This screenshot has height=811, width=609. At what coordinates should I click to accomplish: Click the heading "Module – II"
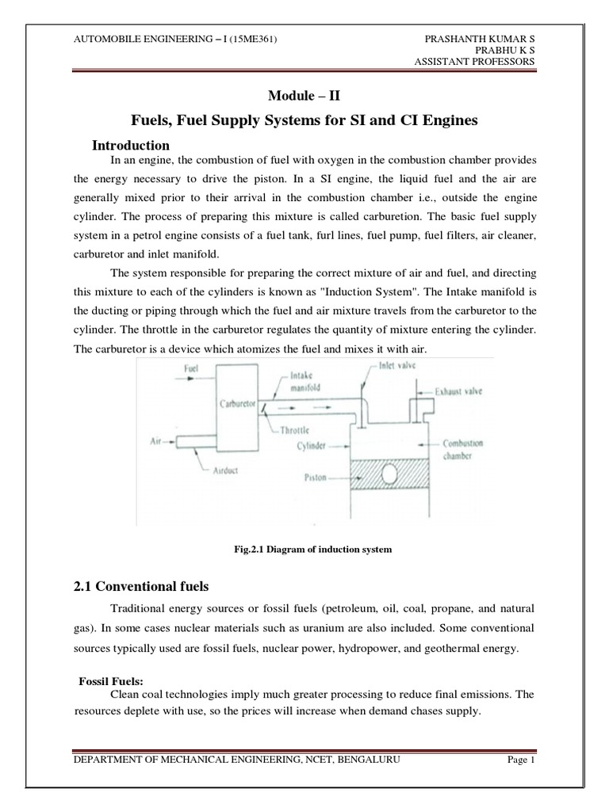[304, 95]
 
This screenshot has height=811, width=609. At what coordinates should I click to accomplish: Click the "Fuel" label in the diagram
[191, 367]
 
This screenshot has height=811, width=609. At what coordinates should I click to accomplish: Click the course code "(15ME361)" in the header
[246, 38]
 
